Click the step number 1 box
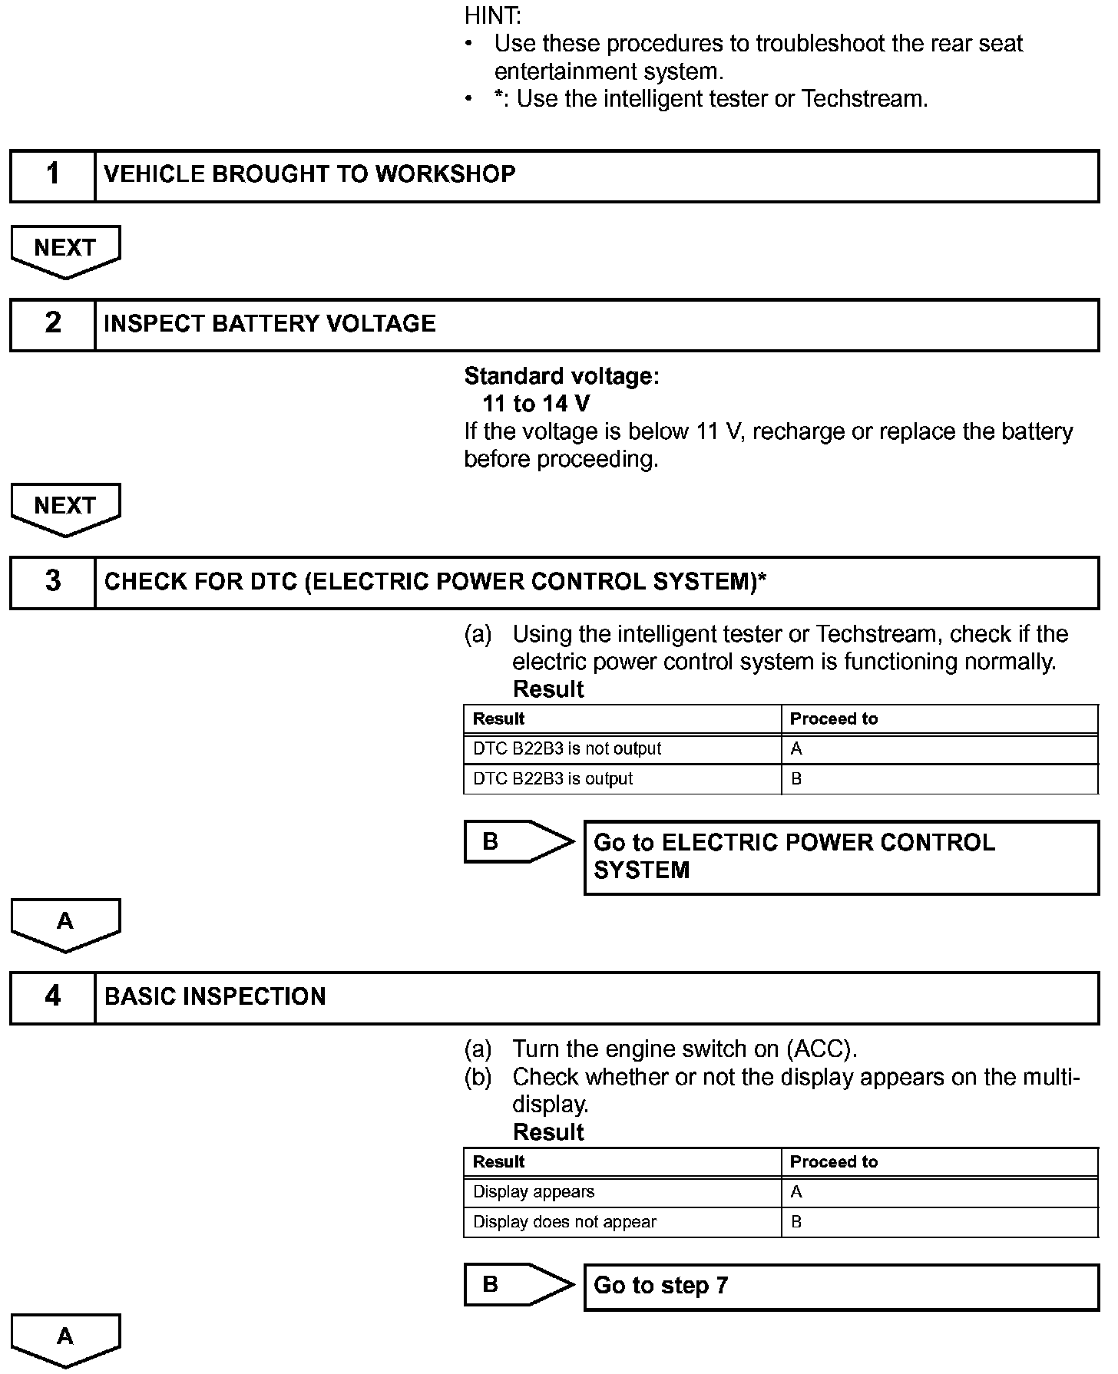(52, 176)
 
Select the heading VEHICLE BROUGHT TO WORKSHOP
(309, 174)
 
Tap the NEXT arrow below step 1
(65, 249)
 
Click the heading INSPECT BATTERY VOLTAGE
(270, 324)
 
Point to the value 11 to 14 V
(536, 404)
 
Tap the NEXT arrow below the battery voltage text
(65, 507)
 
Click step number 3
(52, 582)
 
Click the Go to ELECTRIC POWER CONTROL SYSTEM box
(841, 857)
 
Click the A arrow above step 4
(65, 923)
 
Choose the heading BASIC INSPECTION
(215, 997)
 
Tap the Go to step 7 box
(841, 1286)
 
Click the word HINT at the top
(492, 15)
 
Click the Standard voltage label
(561, 376)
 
